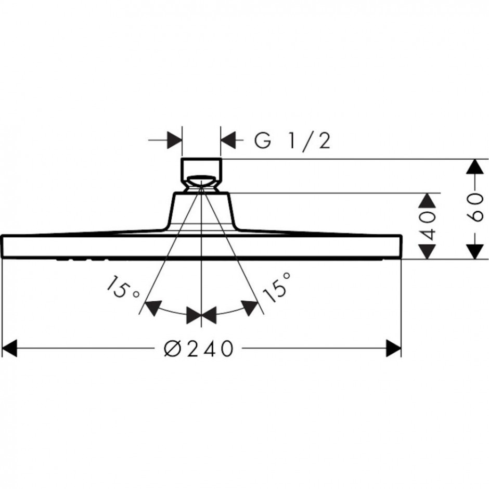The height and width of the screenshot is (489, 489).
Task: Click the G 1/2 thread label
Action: tap(292, 141)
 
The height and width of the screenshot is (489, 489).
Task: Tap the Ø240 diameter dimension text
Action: tap(199, 349)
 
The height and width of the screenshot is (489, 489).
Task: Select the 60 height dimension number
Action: tap(475, 208)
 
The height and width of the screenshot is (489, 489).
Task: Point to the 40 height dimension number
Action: tap(427, 225)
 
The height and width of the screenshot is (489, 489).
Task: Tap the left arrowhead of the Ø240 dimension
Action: tap(9, 349)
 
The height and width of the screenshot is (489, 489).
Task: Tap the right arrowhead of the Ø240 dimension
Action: tap(394, 349)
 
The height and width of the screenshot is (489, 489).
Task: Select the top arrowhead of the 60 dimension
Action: tap(474, 167)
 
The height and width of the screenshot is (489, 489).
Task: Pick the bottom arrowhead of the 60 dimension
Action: tap(474, 251)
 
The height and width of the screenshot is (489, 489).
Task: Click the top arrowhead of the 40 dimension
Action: tap(427, 200)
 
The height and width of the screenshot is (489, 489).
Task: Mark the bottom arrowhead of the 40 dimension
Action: tap(427, 251)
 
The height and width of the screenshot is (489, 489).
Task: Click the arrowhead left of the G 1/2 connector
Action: tap(175, 140)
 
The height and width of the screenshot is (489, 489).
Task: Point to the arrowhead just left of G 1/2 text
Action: tap(228, 140)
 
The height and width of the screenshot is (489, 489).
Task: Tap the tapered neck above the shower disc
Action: tap(201, 213)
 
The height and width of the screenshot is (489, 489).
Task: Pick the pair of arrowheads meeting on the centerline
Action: tap(201, 315)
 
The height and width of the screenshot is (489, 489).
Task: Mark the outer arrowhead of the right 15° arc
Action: tap(250, 307)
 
